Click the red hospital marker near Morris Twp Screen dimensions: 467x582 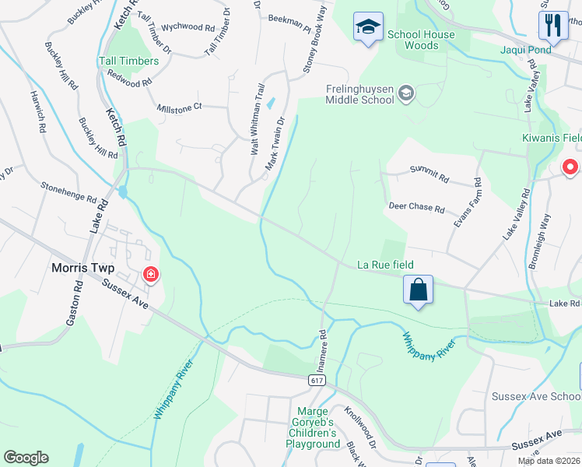(x=151, y=274)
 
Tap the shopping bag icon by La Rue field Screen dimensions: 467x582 (x=419, y=290)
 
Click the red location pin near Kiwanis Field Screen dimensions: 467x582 (x=570, y=167)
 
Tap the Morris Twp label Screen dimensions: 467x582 (x=82, y=268)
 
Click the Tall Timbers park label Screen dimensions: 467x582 (x=128, y=61)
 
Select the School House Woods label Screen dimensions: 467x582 (x=421, y=40)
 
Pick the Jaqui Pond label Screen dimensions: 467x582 (x=525, y=51)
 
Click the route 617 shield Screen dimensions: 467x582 (x=316, y=380)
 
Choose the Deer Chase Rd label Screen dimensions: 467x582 (x=417, y=209)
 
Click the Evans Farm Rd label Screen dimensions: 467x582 (x=467, y=203)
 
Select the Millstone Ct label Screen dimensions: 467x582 (x=179, y=107)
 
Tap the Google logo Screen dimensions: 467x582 (x=26, y=458)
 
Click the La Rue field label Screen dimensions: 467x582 (x=385, y=265)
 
